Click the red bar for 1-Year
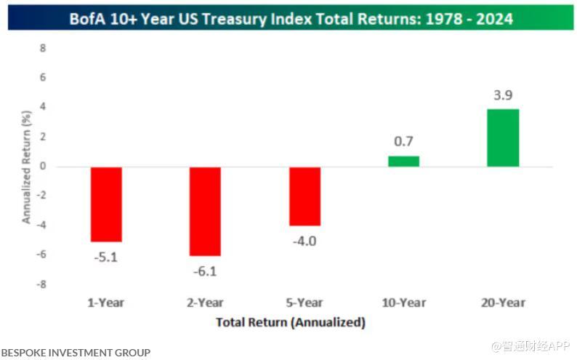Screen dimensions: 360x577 click(105, 204)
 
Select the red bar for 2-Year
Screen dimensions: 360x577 click(205, 211)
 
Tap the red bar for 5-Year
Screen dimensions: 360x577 click(304, 196)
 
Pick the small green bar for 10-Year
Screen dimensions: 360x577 click(403, 161)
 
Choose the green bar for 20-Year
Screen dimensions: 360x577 click(503, 137)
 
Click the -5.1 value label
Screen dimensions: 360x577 click(105, 256)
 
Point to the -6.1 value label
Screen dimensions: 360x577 click(205, 272)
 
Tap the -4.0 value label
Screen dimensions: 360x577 click(305, 241)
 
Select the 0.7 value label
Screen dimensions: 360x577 click(404, 142)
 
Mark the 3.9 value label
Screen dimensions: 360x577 click(503, 95)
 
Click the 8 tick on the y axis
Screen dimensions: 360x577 click(43, 48)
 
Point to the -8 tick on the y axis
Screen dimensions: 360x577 click(41, 285)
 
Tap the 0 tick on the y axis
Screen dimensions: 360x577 click(43, 167)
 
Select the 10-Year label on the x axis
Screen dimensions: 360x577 click(403, 303)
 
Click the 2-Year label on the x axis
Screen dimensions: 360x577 click(205, 303)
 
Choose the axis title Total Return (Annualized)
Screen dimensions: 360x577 click(291, 321)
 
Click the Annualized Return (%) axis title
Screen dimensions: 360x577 click(26, 167)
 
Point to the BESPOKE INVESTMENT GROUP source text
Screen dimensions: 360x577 click(76, 353)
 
